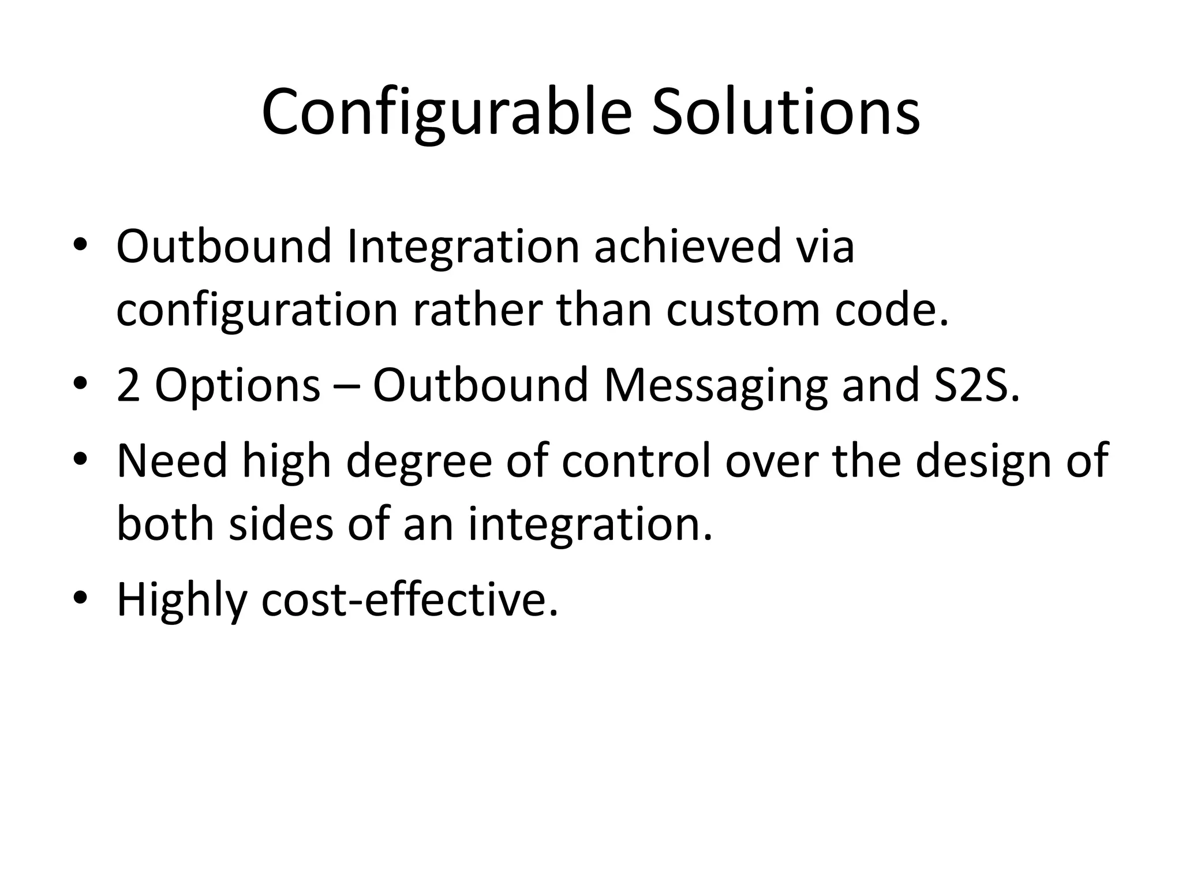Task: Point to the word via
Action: tap(826, 247)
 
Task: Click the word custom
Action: tap(743, 310)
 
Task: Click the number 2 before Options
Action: tap(128, 386)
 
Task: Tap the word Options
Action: tap(237, 386)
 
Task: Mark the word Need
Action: tap(172, 461)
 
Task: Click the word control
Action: tap(636, 461)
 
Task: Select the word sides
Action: tap(281, 524)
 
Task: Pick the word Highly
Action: tap(181, 601)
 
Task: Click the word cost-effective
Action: tap(409, 599)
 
